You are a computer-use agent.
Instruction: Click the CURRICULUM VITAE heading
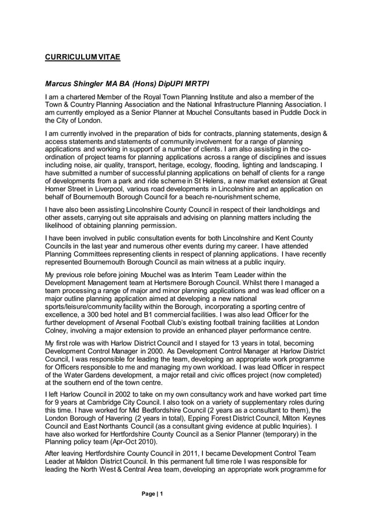tap(83, 57)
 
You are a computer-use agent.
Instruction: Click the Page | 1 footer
tap(153, 495)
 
